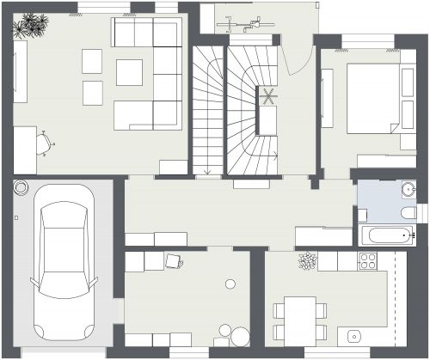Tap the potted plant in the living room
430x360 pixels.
tap(35, 25)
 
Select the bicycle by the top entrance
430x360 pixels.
tap(243, 23)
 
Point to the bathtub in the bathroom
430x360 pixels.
tap(384, 234)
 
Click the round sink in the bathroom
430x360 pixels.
tap(408, 188)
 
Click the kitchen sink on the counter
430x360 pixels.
tap(353, 335)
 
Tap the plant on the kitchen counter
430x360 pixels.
tap(307, 259)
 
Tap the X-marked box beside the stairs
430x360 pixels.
tap(270, 96)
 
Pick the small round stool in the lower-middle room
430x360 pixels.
tap(230, 284)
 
